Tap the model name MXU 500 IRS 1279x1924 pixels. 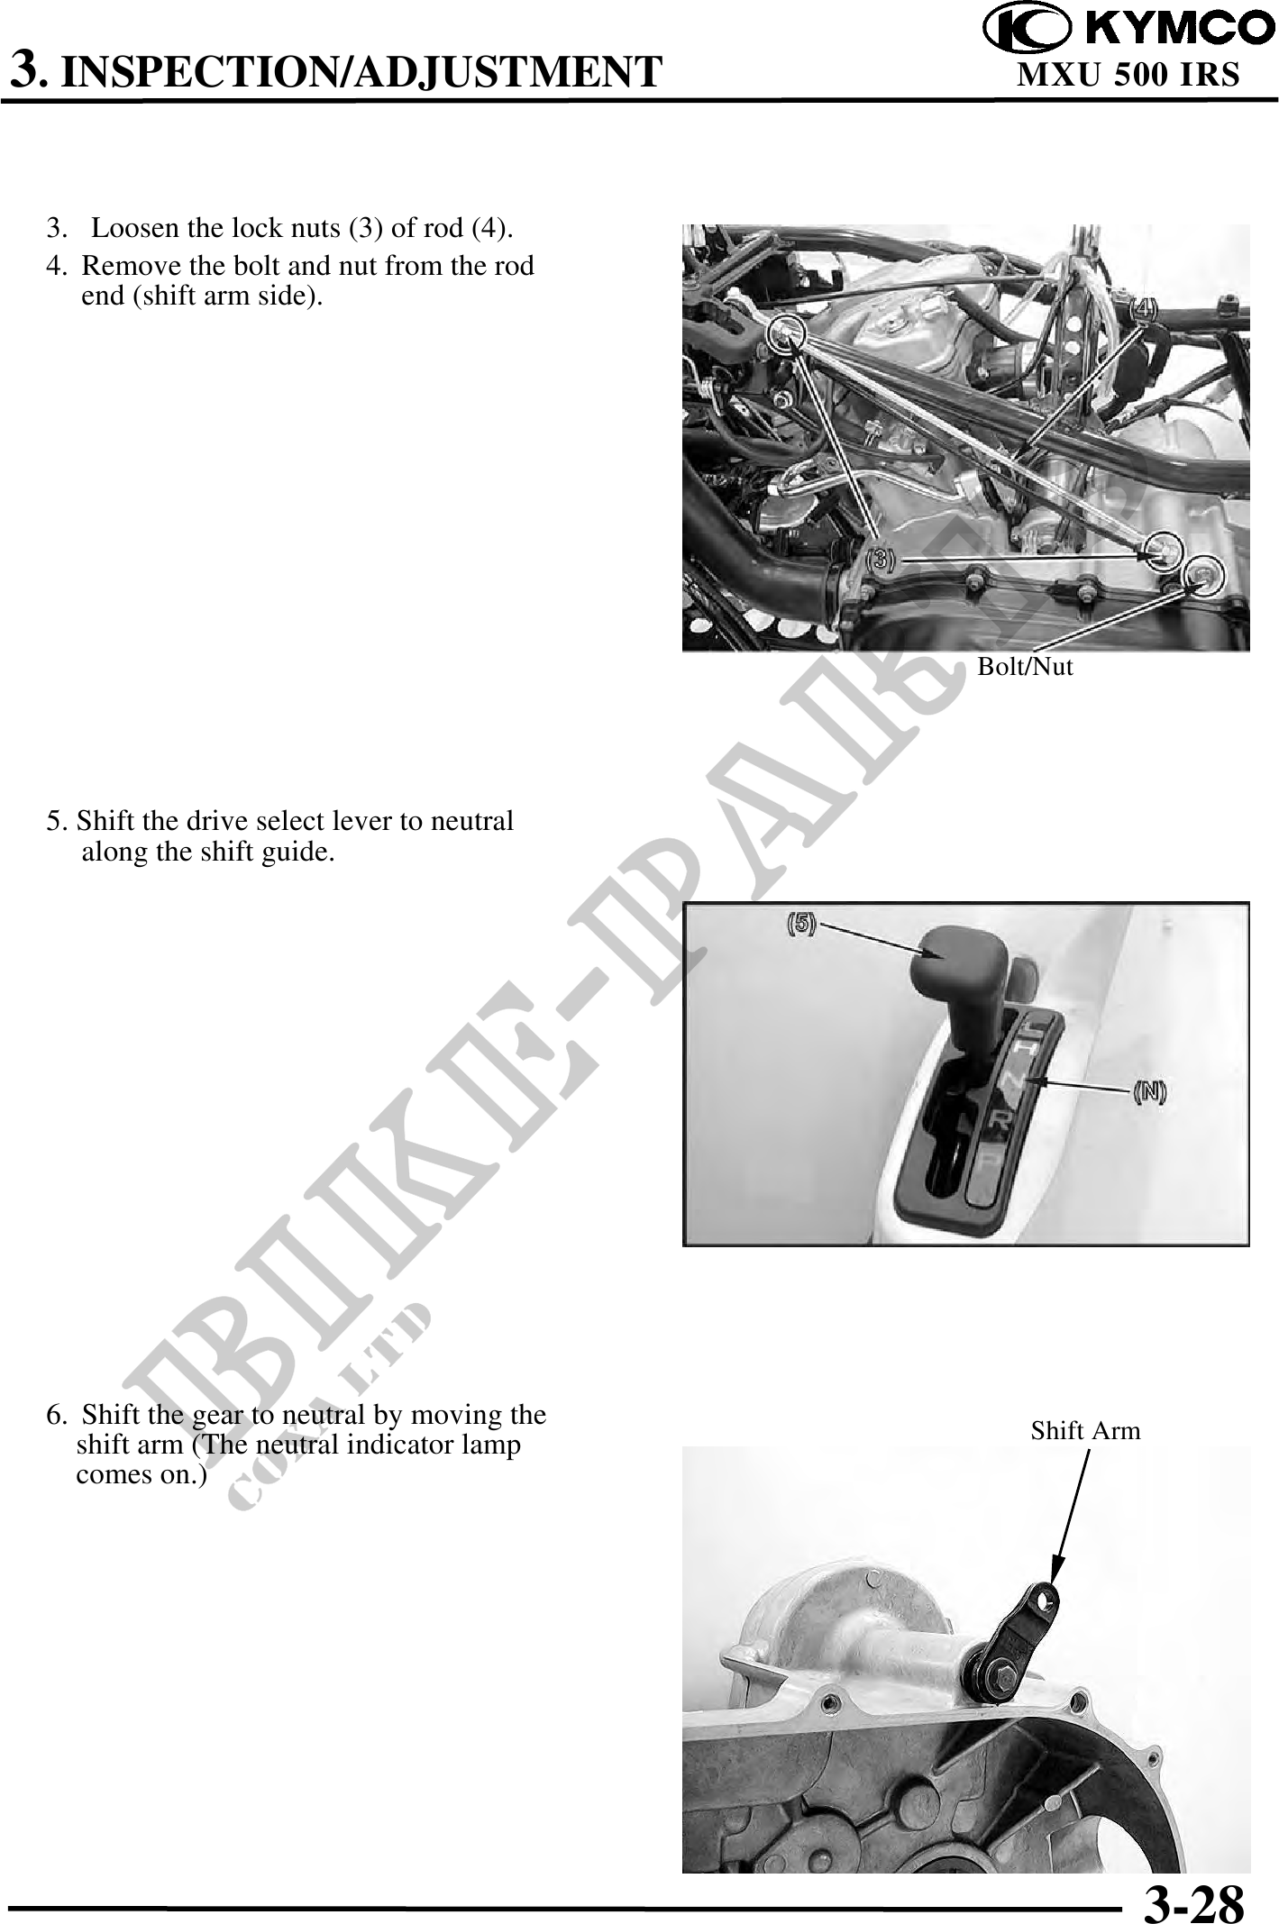click(x=1128, y=76)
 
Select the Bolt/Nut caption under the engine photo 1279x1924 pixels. click(x=1025, y=667)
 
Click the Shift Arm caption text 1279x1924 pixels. click(x=1085, y=1430)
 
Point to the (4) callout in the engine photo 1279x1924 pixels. click(x=1144, y=308)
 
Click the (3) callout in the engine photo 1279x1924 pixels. click(x=880, y=560)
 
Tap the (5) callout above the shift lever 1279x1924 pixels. click(x=801, y=925)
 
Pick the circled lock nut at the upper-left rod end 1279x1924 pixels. click(x=786, y=333)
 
